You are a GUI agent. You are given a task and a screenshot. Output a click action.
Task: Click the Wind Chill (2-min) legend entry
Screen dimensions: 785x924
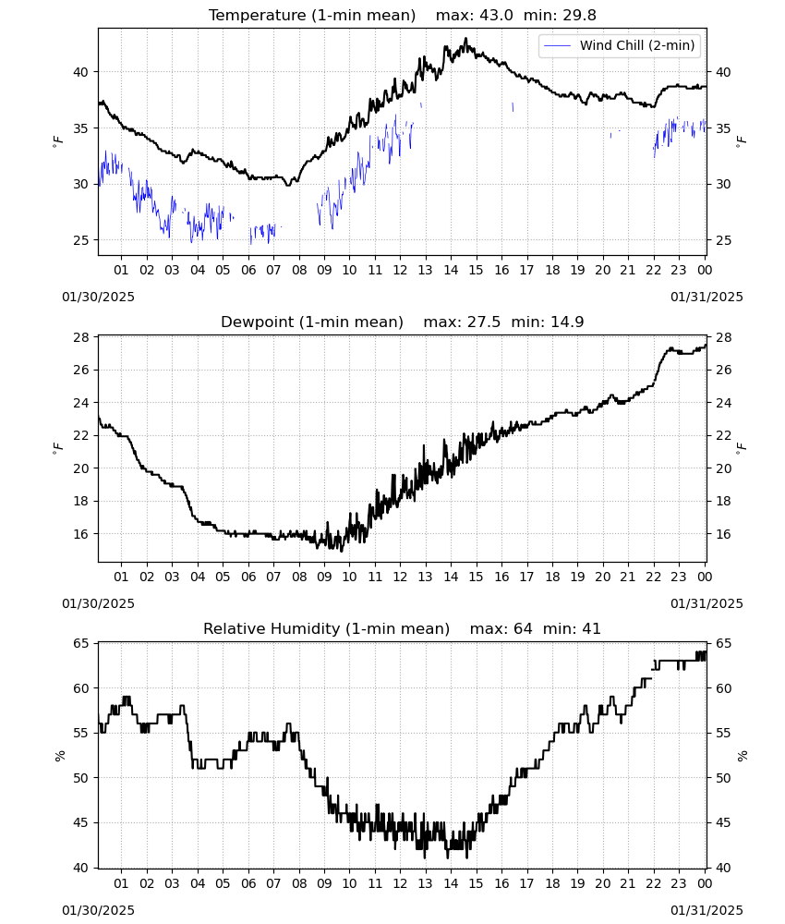pos(619,45)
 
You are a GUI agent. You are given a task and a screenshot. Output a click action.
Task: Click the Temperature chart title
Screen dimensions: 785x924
pos(403,15)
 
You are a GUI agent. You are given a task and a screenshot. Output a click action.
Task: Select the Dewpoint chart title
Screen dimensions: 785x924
pos(403,322)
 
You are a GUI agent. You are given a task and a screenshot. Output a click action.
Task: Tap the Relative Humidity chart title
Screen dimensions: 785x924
pos(403,628)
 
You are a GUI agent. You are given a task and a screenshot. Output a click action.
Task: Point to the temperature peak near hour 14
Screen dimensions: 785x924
pos(465,39)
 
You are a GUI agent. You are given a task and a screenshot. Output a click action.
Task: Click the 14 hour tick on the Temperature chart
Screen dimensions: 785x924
pos(451,270)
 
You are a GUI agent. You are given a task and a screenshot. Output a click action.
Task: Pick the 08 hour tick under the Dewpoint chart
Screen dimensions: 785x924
pos(299,577)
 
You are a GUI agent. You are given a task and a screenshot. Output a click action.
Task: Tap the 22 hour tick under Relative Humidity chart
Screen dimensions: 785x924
pos(654,884)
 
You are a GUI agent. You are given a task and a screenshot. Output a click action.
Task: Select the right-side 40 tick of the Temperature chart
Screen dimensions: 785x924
pos(722,72)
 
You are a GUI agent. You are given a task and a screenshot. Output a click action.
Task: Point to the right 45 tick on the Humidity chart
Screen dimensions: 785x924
pos(722,823)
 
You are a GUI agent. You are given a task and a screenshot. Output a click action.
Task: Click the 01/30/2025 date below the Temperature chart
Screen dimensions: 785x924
pos(98,297)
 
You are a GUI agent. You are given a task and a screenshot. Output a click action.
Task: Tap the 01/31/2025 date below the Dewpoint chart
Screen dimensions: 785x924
pos(706,604)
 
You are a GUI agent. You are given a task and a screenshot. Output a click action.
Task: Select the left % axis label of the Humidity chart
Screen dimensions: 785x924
pos(59,756)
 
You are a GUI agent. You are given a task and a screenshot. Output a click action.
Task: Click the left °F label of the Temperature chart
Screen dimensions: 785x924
pos(57,141)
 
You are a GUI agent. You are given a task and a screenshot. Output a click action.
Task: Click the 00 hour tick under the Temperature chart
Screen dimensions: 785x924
pos(705,270)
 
